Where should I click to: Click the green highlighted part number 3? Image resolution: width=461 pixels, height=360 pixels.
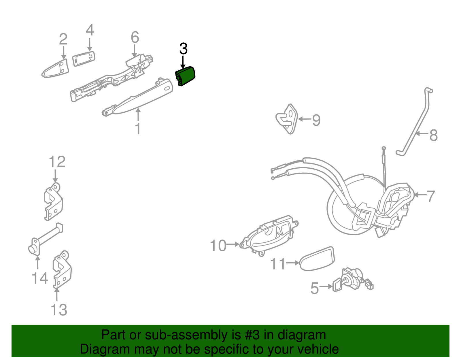coord(186,76)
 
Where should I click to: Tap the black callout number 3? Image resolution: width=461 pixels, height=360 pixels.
coord(183,49)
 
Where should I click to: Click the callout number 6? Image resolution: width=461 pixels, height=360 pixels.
coord(135,37)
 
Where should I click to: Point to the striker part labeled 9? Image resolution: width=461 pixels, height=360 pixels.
coord(287,119)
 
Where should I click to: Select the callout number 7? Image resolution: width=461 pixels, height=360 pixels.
coord(430,196)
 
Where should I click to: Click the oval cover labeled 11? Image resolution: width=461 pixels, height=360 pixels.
coord(317,259)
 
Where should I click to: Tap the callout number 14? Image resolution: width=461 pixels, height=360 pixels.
coord(39,278)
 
